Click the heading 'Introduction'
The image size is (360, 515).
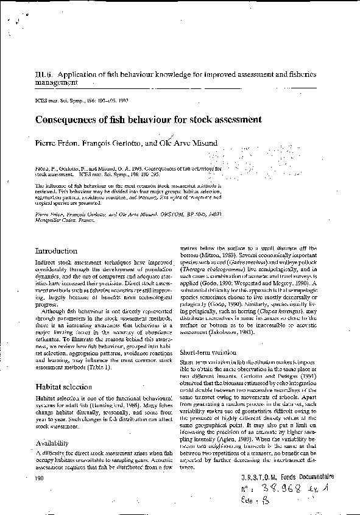pos(56,251)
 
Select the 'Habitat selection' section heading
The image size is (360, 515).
pos(64,386)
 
